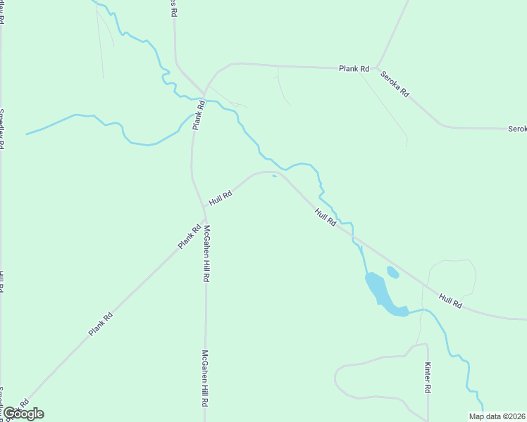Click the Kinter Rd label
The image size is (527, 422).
(x=428, y=378)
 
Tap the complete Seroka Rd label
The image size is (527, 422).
(x=395, y=84)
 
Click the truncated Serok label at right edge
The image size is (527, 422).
(x=516, y=129)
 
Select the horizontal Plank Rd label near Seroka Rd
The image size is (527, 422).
(x=354, y=69)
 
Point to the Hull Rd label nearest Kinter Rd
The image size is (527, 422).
(x=450, y=301)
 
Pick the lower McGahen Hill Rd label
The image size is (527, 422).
(x=205, y=379)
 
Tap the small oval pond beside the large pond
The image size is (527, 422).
(x=392, y=272)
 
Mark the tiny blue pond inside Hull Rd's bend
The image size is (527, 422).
(x=274, y=176)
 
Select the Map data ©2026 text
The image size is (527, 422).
(x=497, y=416)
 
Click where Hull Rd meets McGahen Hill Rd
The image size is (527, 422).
(x=204, y=208)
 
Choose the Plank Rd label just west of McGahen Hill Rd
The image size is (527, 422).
(x=189, y=236)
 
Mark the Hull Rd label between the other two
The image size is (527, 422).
(x=325, y=217)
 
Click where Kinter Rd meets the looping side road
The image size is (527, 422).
(x=428, y=345)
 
